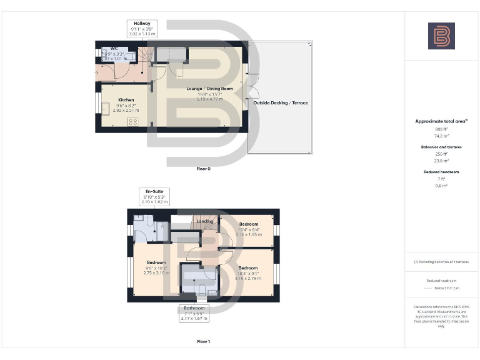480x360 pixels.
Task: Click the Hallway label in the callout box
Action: click(142, 24)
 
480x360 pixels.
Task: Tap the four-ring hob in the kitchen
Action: click(132, 122)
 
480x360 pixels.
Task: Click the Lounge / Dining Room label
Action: click(209, 89)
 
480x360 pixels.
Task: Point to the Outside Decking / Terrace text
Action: click(280, 102)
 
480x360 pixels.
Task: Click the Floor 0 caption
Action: click(203, 169)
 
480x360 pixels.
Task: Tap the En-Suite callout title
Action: click(154, 191)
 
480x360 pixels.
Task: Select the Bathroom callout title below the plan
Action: click(194, 308)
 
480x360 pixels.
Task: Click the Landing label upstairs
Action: click(205, 221)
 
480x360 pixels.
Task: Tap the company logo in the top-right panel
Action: click(441, 36)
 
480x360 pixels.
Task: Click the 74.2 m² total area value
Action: click(441, 135)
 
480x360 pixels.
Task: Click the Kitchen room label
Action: click(126, 100)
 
